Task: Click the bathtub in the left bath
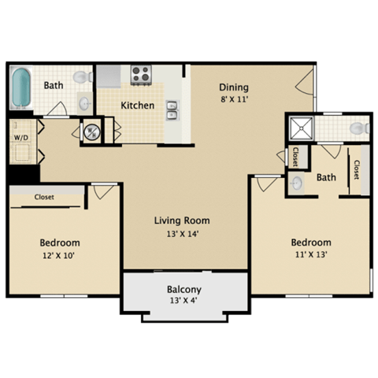[21, 90]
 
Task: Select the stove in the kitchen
[141, 75]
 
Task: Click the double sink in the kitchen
[172, 113]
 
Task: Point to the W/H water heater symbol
[91, 131]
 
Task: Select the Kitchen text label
[137, 106]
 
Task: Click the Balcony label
[183, 289]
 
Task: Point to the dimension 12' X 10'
[60, 256]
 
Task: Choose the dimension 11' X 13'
[310, 256]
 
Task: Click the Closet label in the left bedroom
[44, 198]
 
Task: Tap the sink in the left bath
[84, 102]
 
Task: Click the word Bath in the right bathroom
[326, 178]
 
